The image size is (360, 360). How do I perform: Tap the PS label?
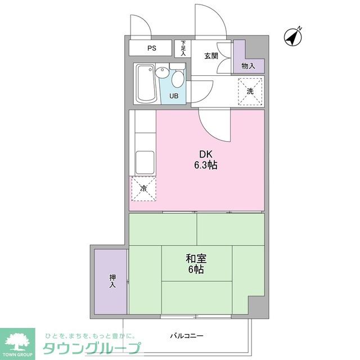pyautogui.click(x=151, y=48)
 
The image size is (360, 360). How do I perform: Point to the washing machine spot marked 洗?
pyautogui.click(x=250, y=91)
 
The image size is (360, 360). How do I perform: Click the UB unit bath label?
pyautogui.click(x=174, y=96)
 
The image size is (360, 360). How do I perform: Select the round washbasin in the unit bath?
pyautogui.click(x=162, y=73)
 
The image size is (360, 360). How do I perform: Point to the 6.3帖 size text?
pyautogui.click(x=206, y=165)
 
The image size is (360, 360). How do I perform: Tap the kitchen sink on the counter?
pyautogui.click(x=144, y=162)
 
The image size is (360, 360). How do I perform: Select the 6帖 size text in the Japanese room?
pyautogui.click(x=196, y=270)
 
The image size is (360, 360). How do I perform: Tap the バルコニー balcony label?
pyautogui.click(x=187, y=336)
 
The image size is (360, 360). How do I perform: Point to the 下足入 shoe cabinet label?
pyautogui.click(x=183, y=48)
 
